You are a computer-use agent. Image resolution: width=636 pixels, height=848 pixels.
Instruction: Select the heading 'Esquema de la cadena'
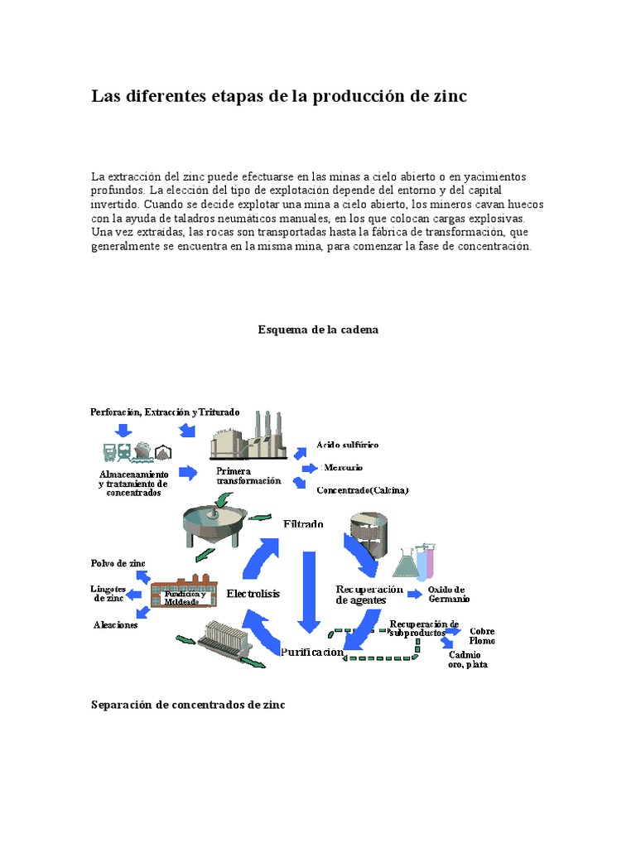coord(318,330)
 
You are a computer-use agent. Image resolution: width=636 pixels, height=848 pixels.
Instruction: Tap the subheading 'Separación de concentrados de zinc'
coord(188,705)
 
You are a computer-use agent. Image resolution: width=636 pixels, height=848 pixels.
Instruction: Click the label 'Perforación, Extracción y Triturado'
coord(165,412)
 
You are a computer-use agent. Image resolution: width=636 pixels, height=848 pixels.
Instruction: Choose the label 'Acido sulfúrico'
coord(347,446)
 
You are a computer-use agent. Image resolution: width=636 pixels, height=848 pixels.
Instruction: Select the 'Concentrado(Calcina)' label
coord(362,490)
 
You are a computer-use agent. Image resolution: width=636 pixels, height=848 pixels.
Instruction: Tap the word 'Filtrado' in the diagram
coord(303,524)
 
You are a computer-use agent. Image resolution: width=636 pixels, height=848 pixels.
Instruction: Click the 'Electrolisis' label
coord(253,594)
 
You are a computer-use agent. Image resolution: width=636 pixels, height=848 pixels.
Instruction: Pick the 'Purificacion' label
coord(311,652)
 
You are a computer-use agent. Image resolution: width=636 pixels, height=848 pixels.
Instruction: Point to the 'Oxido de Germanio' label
coord(449,594)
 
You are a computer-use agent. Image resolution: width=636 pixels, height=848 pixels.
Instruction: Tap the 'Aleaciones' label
coord(115,625)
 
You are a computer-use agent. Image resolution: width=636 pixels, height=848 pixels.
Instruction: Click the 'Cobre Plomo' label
coord(482,636)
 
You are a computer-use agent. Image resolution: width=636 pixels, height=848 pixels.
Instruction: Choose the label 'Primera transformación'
coord(248,476)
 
